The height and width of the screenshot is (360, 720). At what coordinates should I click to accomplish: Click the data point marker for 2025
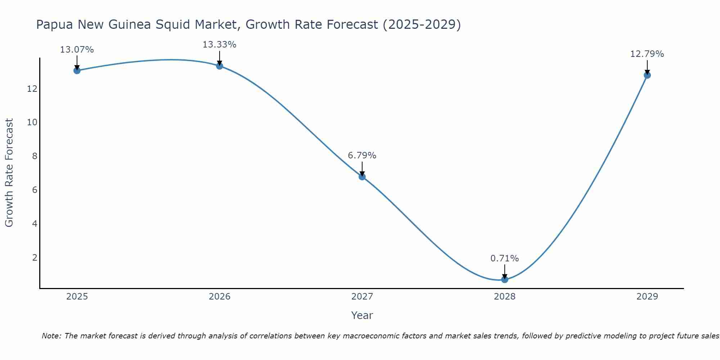pyautogui.click(x=77, y=71)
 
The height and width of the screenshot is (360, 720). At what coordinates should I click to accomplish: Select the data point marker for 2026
pyautogui.click(x=220, y=66)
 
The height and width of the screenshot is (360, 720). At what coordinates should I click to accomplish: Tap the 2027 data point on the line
pyautogui.click(x=362, y=177)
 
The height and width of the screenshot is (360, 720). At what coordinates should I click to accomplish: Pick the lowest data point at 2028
pyautogui.click(x=505, y=279)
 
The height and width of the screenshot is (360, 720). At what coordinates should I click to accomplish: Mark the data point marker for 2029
pyautogui.click(x=647, y=75)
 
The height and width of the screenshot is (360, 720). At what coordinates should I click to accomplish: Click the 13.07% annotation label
pyautogui.click(x=77, y=50)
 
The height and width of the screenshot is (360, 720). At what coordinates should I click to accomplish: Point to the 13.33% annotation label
pyautogui.click(x=220, y=45)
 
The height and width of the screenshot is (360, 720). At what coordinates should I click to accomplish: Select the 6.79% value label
pyautogui.click(x=362, y=156)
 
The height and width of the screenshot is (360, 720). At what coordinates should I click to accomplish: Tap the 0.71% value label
pyautogui.click(x=505, y=258)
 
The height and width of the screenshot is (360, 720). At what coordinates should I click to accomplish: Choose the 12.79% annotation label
pyautogui.click(x=647, y=54)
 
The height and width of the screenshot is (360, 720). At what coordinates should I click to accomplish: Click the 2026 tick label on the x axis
pyautogui.click(x=220, y=297)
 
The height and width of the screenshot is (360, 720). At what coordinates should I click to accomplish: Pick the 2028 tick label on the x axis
pyautogui.click(x=505, y=297)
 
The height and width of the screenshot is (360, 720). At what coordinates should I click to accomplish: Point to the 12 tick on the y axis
pyautogui.click(x=32, y=89)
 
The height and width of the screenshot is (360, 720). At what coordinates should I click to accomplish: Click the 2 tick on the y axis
pyautogui.click(x=35, y=258)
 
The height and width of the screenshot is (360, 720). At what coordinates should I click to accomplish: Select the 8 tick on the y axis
pyautogui.click(x=35, y=156)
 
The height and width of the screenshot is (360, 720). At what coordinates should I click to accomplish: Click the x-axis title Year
pyautogui.click(x=362, y=315)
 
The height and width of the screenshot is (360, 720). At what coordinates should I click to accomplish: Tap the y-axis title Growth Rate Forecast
pyautogui.click(x=9, y=173)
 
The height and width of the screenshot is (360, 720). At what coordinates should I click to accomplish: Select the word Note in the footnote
pyautogui.click(x=52, y=336)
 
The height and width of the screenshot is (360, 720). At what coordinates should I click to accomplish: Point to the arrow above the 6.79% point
pyautogui.click(x=362, y=168)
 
